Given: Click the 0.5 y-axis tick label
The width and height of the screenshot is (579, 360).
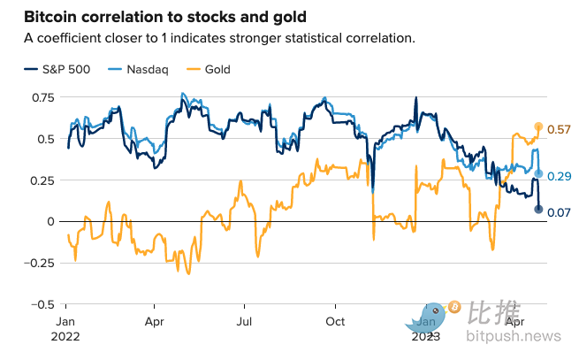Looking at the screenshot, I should [44, 139].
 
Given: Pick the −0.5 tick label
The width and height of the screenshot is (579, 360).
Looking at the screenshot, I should [41, 304].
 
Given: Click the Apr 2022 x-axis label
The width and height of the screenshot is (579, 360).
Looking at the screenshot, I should [156, 321].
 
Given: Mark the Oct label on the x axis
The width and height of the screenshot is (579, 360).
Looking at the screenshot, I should [335, 321].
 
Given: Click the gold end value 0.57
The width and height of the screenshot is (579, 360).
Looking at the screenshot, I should [560, 130].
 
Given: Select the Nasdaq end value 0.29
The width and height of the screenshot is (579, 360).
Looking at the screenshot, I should [560, 177].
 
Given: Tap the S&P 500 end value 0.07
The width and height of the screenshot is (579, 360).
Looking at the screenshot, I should [560, 212].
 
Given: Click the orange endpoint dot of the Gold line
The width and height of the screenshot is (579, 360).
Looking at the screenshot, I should [538, 127].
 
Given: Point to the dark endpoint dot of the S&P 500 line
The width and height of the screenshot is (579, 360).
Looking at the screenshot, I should [538, 209].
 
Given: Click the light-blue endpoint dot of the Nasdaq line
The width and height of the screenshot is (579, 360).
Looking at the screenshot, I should [538, 173].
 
